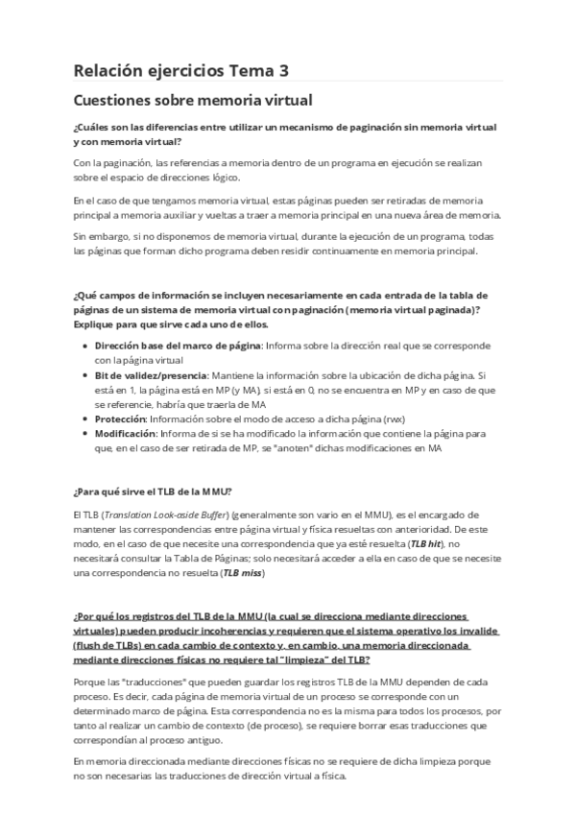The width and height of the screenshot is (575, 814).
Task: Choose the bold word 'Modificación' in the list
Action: tap(127, 434)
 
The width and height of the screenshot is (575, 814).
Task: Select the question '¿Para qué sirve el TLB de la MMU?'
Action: tap(152, 490)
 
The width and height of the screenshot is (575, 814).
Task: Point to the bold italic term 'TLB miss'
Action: tap(241, 572)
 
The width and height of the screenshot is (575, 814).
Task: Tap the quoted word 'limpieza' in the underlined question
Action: tap(327, 660)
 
